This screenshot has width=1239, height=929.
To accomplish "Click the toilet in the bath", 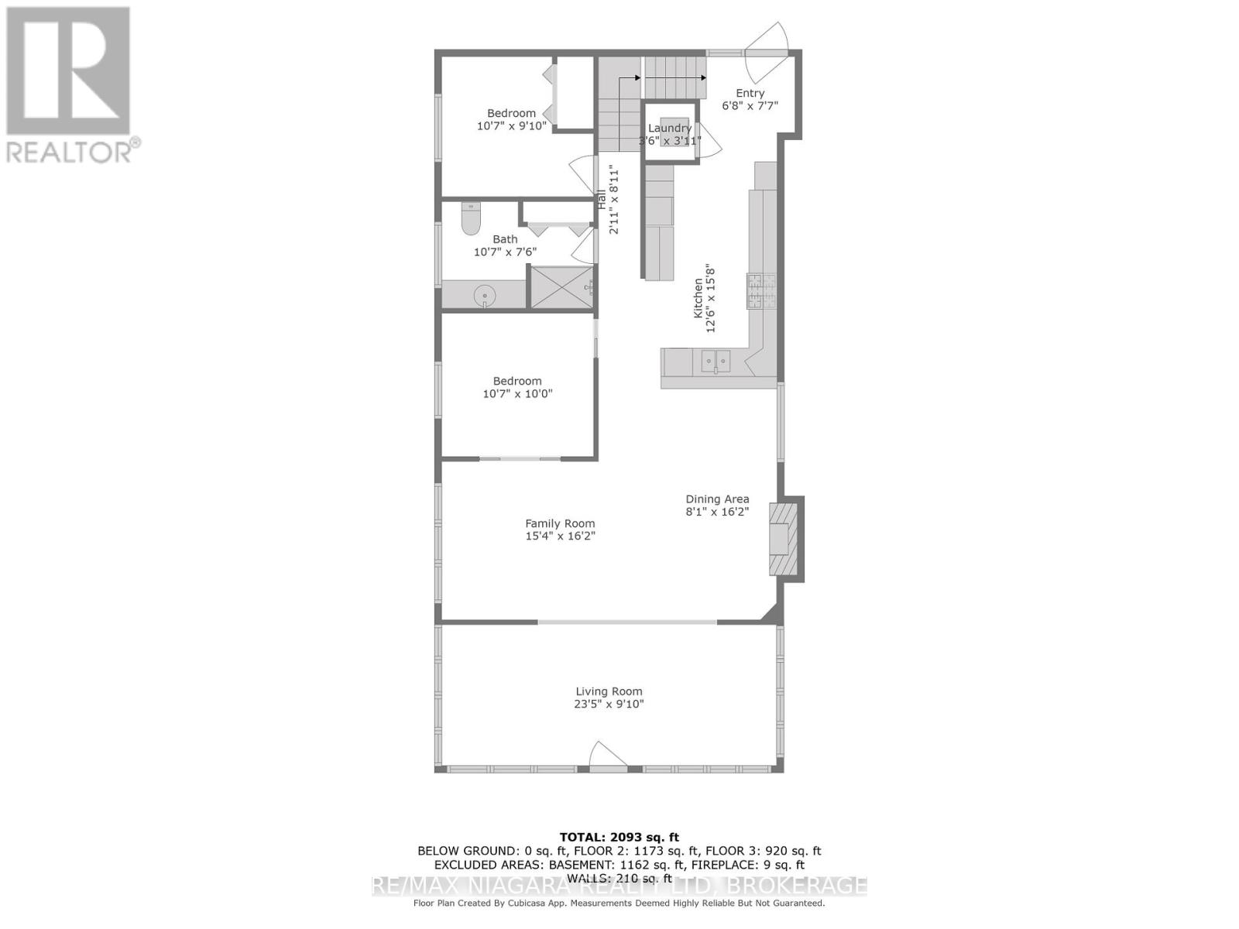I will point(471,219).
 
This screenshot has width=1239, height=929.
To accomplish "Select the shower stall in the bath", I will point(561,286).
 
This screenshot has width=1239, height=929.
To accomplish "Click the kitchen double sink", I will point(716,360).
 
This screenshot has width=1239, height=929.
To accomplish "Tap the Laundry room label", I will point(670,129).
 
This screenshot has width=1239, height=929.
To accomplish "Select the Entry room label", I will point(750,94).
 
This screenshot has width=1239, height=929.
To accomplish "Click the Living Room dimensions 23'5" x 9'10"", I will point(609,704).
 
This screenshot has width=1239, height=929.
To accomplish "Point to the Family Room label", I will point(560,523).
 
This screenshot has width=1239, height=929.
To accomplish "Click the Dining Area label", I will point(717,499).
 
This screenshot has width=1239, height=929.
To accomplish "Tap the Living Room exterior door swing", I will point(607,755).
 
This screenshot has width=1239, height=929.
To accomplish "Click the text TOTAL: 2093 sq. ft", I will point(619,837).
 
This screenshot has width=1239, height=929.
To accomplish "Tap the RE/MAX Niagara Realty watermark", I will point(619,886).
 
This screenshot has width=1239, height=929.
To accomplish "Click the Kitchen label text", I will point(698,299).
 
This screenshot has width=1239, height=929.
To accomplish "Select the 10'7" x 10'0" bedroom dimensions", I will point(517,394).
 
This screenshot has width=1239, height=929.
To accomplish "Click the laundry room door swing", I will point(708,140).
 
